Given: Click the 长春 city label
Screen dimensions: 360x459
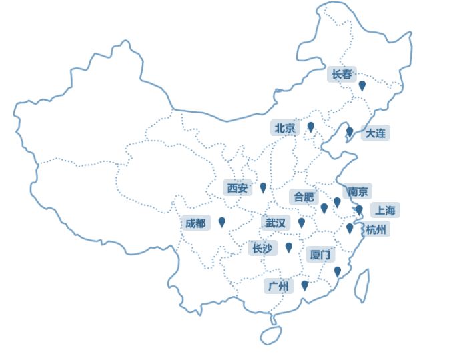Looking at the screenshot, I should pos(342,74).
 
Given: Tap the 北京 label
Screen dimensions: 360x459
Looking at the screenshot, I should pos(285,128).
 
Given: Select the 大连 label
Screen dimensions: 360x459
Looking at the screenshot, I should pos(375,133).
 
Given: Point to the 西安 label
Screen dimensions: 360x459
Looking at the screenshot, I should pos(237,188).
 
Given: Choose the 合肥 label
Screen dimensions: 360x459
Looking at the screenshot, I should pos(303,197).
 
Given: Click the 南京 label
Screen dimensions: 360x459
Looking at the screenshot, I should pos(358,191).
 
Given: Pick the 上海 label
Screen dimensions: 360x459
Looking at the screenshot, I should pos(385,210).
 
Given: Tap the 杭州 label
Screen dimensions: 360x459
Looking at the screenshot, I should pos(376,229).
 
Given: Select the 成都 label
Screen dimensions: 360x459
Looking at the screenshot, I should pos(196,223).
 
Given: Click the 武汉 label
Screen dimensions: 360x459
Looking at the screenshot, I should pos(275,223).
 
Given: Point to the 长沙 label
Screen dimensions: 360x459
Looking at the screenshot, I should pos(261,248).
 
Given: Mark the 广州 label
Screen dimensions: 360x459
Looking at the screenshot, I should pos(278,286).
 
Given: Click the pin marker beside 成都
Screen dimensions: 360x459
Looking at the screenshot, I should pos(222,221).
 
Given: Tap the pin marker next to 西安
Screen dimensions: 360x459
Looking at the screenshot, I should pos(263,187).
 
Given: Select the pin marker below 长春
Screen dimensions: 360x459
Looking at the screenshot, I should pos(362,85).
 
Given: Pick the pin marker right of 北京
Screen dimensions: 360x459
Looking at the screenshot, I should pos(310,127).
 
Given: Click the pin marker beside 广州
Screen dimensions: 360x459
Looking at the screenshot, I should pos(305,285).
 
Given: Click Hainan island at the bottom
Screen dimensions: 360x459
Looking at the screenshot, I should pos(270,335).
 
